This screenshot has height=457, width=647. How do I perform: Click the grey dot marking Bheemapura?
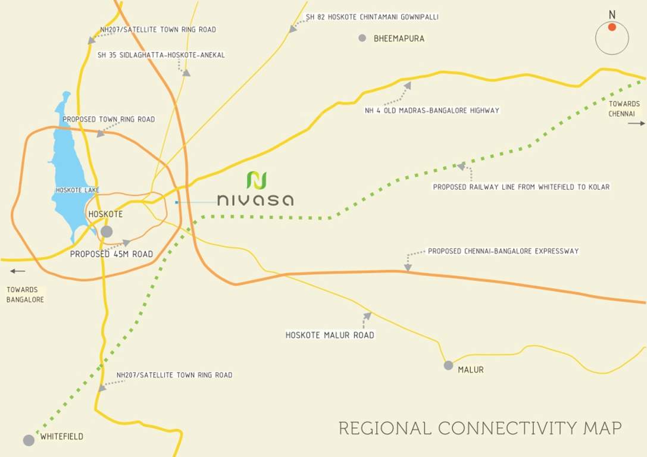pyautogui.click(x=362, y=38)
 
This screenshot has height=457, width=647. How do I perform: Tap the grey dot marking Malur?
pyautogui.click(x=448, y=365)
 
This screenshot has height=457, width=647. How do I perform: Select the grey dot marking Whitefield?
pyautogui.click(x=29, y=440)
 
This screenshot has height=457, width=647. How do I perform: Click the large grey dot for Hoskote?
pyautogui.click(x=107, y=231)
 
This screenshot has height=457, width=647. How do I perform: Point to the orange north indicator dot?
pyautogui.click(x=612, y=27)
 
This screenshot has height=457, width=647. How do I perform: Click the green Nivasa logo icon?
pyautogui.click(x=257, y=180)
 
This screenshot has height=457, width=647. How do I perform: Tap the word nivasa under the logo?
pyautogui.click(x=255, y=199)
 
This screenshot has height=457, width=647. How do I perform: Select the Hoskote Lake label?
pyautogui.click(x=77, y=190)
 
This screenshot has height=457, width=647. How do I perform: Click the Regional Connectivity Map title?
pyautogui.click(x=480, y=428)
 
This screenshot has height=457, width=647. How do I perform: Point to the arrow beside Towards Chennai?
pyautogui.click(x=636, y=123)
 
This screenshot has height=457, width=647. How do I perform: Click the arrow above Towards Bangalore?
pyautogui.click(x=18, y=271)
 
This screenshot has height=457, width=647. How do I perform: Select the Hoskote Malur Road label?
pyautogui.click(x=330, y=335)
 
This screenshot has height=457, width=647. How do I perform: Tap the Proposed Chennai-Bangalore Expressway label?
pyautogui.click(x=503, y=251)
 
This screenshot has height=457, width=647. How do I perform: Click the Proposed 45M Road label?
pyautogui.click(x=111, y=254)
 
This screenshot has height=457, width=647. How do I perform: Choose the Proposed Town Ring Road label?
pyautogui.click(x=108, y=120)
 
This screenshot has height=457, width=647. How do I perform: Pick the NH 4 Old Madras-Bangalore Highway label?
pyautogui.click(x=432, y=110)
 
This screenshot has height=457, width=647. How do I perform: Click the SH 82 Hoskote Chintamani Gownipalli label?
pyautogui.click(x=372, y=17)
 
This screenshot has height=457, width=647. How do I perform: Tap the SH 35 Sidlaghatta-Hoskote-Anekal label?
pyautogui.click(x=161, y=55)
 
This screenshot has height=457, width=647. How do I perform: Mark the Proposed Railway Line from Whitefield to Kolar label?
pyautogui.click(x=521, y=187)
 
